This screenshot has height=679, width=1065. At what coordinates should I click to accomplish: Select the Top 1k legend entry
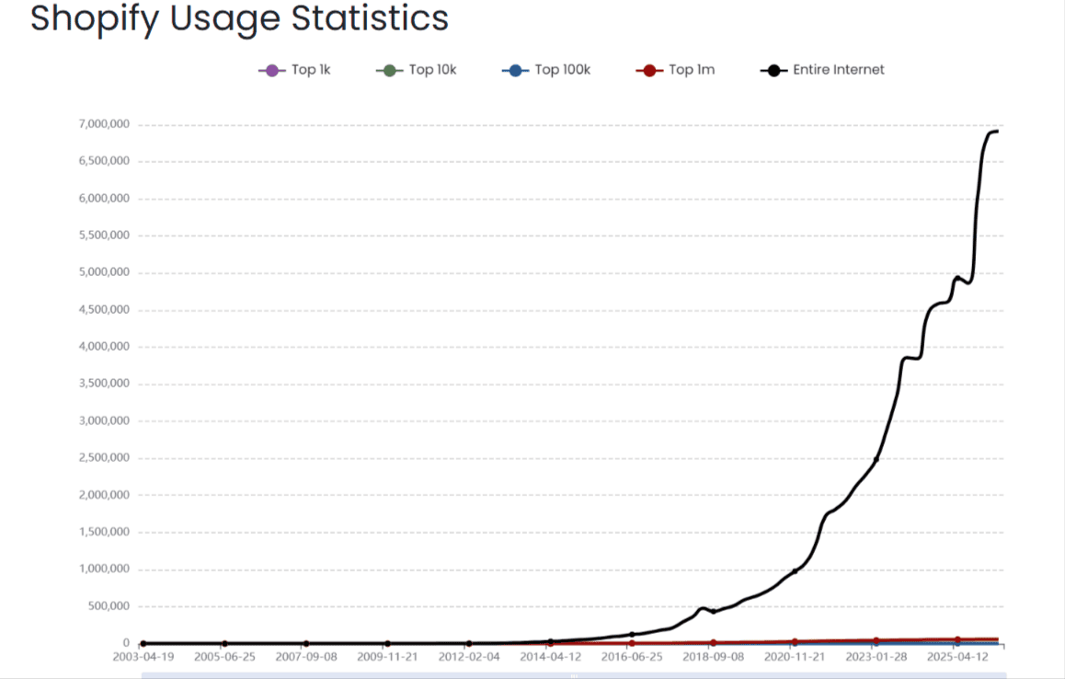tap(294, 70)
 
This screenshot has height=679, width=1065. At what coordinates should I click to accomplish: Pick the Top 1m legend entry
tap(675, 70)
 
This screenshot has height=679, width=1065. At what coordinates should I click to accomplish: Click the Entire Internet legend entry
tap(823, 70)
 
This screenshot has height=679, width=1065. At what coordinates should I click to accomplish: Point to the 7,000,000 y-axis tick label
tap(104, 124)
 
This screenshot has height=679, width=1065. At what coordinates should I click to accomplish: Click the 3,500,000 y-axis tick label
tap(104, 384)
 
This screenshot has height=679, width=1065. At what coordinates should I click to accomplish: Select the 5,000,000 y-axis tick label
tap(104, 272)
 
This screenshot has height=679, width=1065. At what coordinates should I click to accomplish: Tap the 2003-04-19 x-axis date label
tap(143, 658)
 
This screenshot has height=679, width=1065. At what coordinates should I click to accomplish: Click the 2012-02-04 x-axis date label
tap(469, 658)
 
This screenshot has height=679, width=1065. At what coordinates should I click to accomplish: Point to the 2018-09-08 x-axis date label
tap(714, 658)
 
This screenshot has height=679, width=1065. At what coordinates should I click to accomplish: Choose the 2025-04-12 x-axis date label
tap(957, 658)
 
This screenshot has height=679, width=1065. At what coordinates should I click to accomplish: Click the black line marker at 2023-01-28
tap(876, 459)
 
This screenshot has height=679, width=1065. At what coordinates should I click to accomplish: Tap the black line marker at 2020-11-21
tap(795, 571)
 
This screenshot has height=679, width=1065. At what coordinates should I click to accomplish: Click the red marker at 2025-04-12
tap(957, 639)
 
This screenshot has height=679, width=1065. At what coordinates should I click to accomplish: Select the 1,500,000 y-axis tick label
tap(104, 532)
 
